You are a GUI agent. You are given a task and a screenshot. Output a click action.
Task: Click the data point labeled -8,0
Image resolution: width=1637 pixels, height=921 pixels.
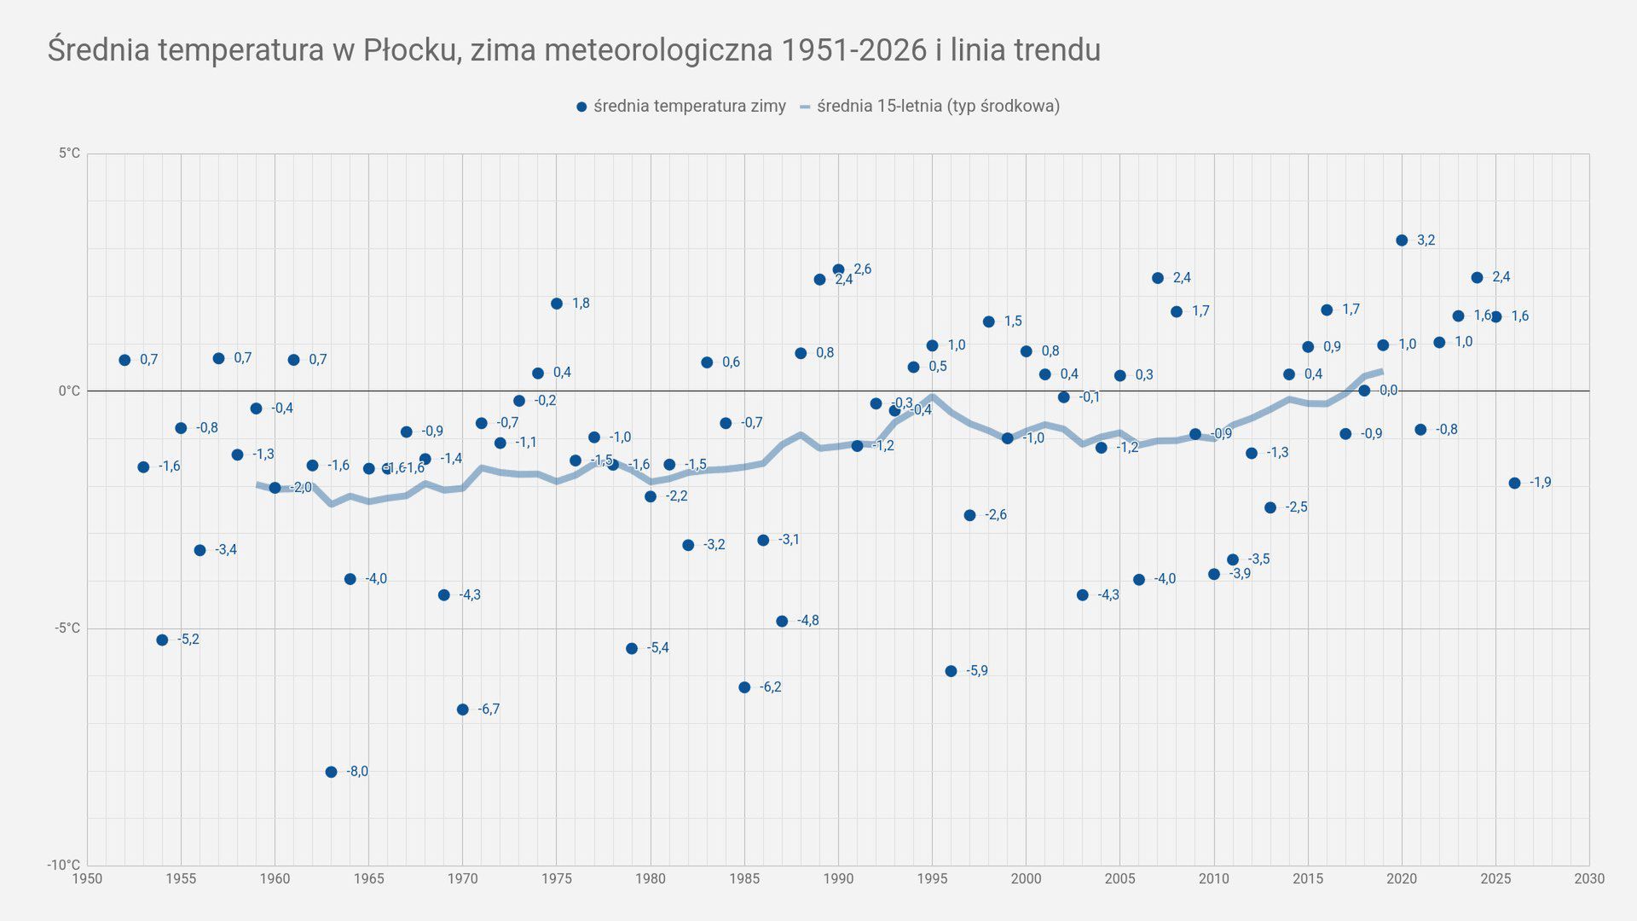click(x=331, y=773)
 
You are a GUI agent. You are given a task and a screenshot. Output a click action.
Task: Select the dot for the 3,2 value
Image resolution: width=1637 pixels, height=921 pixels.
click(x=1402, y=240)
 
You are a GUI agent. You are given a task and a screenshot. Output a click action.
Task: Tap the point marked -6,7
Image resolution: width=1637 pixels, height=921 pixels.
click(x=463, y=710)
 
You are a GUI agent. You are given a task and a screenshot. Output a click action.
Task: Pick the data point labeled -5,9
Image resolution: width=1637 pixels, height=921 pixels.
click(x=951, y=671)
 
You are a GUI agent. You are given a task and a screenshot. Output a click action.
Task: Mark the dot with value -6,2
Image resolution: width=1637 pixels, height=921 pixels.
click(x=744, y=687)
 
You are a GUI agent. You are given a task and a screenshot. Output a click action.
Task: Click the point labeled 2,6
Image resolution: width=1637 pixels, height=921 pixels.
click(x=838, y=269)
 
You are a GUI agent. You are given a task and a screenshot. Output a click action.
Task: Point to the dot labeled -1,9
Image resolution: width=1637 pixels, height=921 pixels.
click(x=1514, y=484)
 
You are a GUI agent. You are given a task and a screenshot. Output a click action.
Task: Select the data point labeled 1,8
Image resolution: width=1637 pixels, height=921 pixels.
click(x=557, y=304)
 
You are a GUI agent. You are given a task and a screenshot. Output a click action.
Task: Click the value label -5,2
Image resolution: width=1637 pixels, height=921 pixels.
click(x=188, y=640)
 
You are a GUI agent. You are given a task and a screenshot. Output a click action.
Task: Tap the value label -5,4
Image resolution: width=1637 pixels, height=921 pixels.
click(x=657, y=648)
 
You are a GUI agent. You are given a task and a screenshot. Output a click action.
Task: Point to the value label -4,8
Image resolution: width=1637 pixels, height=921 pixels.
click(x=807, y=621)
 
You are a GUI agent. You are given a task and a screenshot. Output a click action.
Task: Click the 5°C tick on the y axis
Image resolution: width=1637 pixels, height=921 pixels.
click(x=70, y=153)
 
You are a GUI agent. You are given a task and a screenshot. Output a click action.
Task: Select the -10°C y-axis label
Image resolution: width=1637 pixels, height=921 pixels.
click(x=64, y=865)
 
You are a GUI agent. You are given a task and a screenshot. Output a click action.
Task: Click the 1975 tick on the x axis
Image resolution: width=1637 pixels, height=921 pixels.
click(x=557, y=879)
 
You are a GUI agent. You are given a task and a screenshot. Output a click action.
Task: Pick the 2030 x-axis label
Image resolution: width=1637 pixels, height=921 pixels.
click(x=1589, y=879)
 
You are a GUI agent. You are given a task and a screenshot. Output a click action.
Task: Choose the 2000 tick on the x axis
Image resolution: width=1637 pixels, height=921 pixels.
click(x=1026, y=879)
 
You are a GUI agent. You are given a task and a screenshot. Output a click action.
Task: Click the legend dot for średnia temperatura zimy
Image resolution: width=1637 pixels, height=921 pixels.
click(x=581, y=107)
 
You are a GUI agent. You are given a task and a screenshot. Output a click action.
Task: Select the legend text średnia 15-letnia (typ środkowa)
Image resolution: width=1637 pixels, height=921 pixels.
click(x=938, y=107)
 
